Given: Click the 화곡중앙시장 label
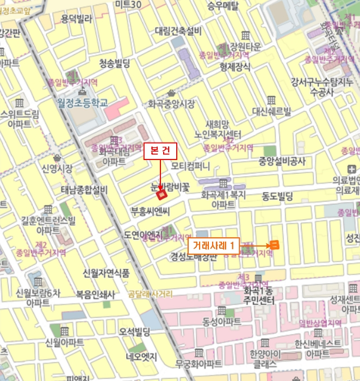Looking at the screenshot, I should tap(171, 103).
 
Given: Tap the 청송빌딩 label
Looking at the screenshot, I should tap(114, 64).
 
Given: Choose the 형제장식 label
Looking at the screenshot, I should tap(235, 67).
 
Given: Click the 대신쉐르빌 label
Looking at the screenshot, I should tap(271, 112).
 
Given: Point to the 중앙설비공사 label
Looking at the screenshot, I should tap(282, 161).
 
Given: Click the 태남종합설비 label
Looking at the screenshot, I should tap(84, 190).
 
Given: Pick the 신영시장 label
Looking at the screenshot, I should tap(57, 168).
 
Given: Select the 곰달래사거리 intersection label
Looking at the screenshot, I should tap(150, 294).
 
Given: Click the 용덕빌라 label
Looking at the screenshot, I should tap(76, 19).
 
